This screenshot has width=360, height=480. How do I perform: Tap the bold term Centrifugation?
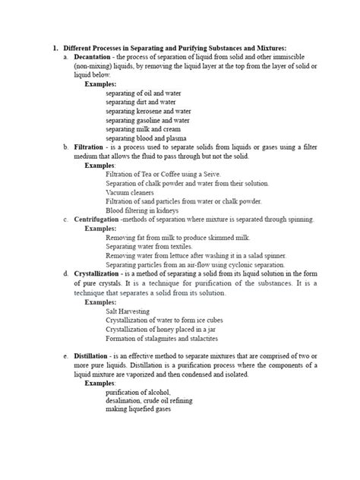coord(96,219)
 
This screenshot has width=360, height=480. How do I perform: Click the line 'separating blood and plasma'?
coord(146,138)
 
